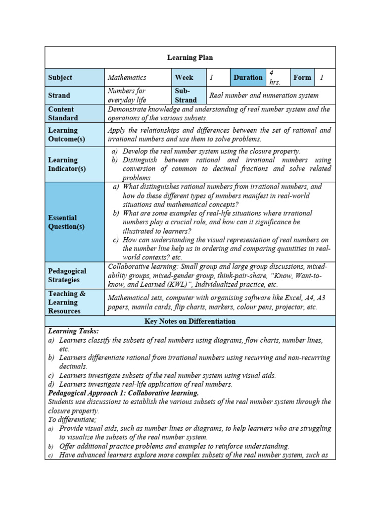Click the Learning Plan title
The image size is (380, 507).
[x=190, y=57]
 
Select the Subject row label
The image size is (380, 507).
[x=60, y=78]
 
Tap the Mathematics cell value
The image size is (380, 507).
[x=127, y=78]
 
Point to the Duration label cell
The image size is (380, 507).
[x=248, y=78]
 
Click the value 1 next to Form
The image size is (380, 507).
[x=322, y=78]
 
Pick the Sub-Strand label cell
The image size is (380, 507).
[x=185, y=96]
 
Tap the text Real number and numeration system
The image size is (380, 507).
[x=264, y=96]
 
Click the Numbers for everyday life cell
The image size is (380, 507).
[x=127, y=96]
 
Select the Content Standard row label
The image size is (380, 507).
[x=63, y=113]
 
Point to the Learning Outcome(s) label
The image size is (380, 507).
[x=66, y=135]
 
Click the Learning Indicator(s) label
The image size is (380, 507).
[x=67, y=164]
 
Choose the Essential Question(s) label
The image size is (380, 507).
[x=66, y=222]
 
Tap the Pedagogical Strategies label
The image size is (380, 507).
[x=67, y=275]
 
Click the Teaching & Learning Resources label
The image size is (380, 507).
[x=66, y=302]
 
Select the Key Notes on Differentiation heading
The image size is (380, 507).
[x=190, y=321]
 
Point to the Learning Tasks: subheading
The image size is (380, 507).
[x=73, y=331]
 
